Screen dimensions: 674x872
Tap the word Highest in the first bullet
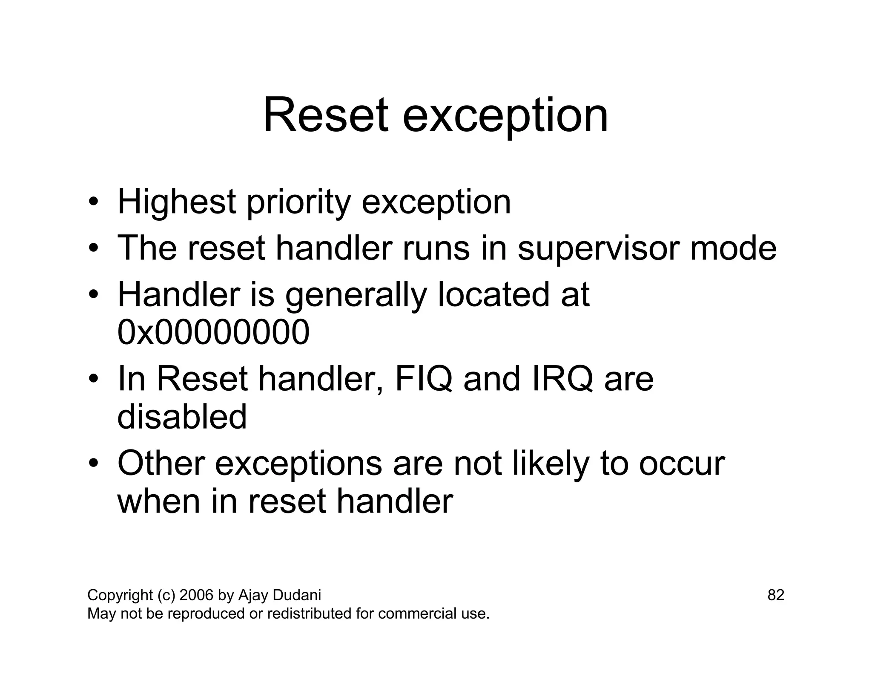pyautogui.click(x=177, y=202)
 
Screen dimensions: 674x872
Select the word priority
pyautogui.click(x=298, y=204)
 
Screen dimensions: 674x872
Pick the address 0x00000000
pyautogui.click(x=213, y=332)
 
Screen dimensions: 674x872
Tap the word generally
pyautogui.click(x=356, y=296)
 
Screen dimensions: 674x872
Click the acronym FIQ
pyautogui.click(x=423, y=379)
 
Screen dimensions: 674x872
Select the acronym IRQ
pyautogui.click(x=562, y=379)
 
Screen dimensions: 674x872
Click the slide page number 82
pyautogui.click(x=775, y=595)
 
